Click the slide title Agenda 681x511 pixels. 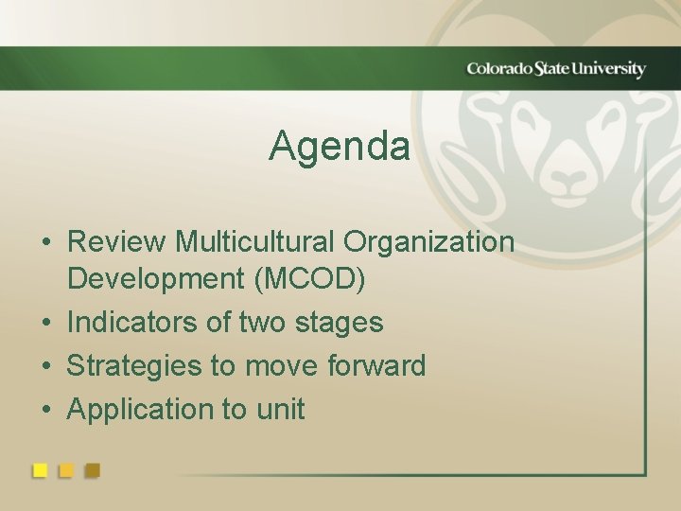pyautogui.click(x=340, y=147)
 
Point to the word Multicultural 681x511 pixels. pyautogui.click(x=255, y=242)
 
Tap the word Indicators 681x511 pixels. pyautogui.click(x=133, y=323)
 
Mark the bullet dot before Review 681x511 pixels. pyautogui.click(x=45, y=243)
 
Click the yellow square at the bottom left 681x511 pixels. pyautogui.click(x=40, y=470)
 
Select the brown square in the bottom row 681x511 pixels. pyautogui.click(x=92, y=470)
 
